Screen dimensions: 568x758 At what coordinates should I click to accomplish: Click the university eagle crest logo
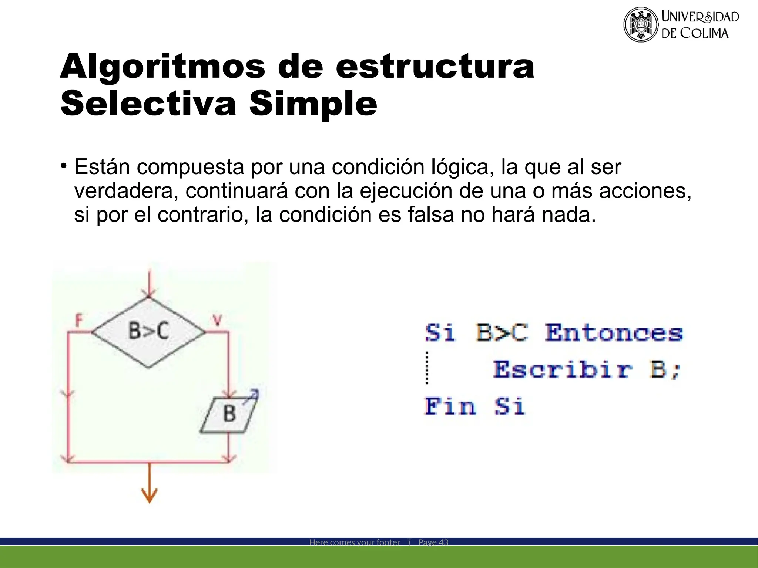[x=641, y=25]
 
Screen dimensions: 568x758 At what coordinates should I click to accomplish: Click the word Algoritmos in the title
[x=162, y=66]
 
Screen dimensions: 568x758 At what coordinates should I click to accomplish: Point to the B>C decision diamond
[x=148, y=332]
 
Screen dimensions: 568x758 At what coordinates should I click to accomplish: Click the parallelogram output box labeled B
[x=229, y=414]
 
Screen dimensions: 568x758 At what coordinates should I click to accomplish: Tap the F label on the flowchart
[x=78, y=320]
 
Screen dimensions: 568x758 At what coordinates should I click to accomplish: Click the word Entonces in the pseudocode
[x=614, y=332]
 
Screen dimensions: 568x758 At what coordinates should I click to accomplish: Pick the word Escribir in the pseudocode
[x=563, y=369]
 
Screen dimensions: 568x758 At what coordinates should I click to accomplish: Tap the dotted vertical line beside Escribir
[x=427, y=368]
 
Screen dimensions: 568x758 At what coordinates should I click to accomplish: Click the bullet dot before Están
[x=64, y=165]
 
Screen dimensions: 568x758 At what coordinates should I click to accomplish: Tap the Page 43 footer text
[x=433, y=542]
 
